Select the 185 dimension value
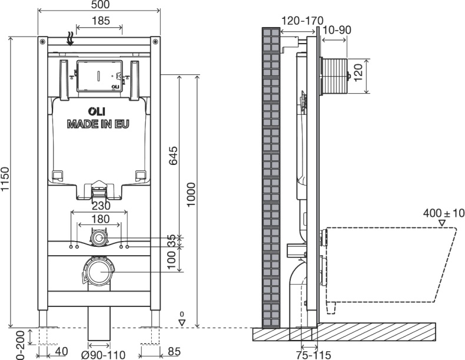pos(101,21)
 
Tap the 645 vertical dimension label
pos(173,155)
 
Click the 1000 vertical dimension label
pos(191,194)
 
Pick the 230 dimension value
pos(101,206)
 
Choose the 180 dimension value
pos(101,219)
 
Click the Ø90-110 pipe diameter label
pos(104,355)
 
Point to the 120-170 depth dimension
pos(302,21)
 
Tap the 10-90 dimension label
pos(337,30)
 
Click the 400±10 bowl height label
pos(444,213)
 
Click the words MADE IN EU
pos(98,124)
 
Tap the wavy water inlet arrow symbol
pos(70,39)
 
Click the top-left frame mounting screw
pos(43,41)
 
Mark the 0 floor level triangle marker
pos(182,323)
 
